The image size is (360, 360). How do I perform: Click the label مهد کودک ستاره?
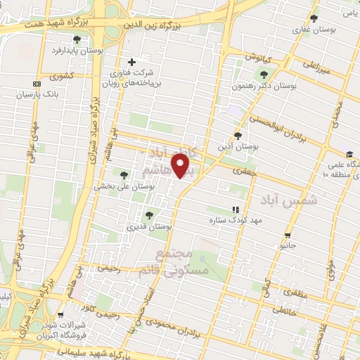tap(211, 220)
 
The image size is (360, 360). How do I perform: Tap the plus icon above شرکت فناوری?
tap(131, 62)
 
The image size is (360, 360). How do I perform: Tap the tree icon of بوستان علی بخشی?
tap(124, 175)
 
